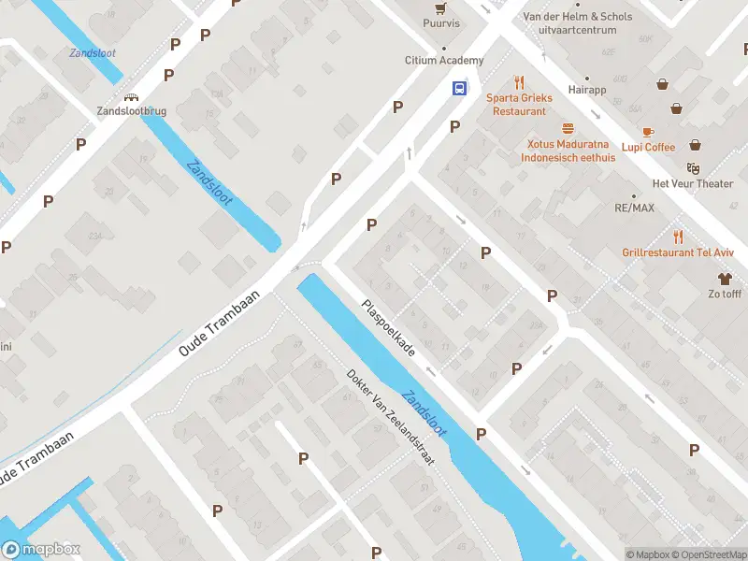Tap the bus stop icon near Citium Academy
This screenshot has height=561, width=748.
coord(459,89)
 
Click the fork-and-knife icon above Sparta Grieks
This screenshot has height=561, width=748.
coord(520,82)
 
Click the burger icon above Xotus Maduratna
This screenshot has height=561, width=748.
coord(567,129)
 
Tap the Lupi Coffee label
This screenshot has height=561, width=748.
coord(648,147)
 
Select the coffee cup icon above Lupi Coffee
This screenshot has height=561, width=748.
coord(648,132)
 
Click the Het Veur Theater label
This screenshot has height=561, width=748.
coord(693,183)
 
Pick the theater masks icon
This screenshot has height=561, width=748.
coord(693,168)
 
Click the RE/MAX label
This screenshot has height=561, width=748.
coord(634,208)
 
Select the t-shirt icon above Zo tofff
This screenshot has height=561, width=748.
coord(724,278)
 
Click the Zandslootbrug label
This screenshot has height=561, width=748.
coord(132,110)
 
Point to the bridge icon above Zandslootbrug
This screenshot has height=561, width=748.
coord(132,96)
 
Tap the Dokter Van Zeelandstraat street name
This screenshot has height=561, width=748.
coord(391,415)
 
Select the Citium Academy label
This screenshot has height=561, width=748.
coord(444,61)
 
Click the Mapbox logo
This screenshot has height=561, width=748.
coord(41,550)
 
